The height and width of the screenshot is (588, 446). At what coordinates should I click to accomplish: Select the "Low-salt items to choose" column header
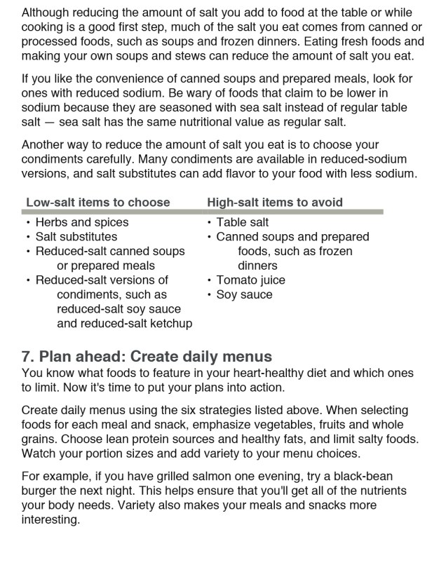point(97,203)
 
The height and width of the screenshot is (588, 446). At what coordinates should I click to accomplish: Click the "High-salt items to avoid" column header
point(275,203)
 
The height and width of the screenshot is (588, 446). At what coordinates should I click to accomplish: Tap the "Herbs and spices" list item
point(82,223)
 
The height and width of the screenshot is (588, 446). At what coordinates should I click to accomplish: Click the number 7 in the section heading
point(27,357)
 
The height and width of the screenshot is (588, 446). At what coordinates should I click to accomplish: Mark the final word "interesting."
point(50,519)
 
